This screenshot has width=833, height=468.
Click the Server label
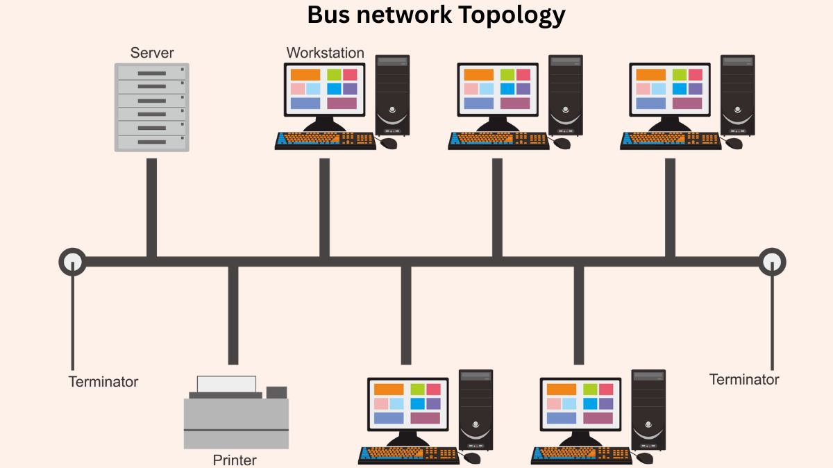[152, 53]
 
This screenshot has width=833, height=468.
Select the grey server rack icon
[151, 107]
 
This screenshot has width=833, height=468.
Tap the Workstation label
[325, 53]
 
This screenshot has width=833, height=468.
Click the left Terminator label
[103, 382]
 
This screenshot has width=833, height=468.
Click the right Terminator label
[744, 380]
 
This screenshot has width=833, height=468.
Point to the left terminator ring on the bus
[72, 262]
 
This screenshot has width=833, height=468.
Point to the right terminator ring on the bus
[772, 262]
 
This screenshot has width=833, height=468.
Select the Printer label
[235, 460]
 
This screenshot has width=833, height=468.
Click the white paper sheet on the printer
[226, 384]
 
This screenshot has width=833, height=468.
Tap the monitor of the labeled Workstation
[323, 90]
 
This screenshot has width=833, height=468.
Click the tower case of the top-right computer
[737, 95]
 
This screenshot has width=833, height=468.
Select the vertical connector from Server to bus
[151, 208]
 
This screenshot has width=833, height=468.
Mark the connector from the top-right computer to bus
[670, 208]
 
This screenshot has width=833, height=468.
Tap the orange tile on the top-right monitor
[650, 74]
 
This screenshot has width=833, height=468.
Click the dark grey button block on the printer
[276, 392]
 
